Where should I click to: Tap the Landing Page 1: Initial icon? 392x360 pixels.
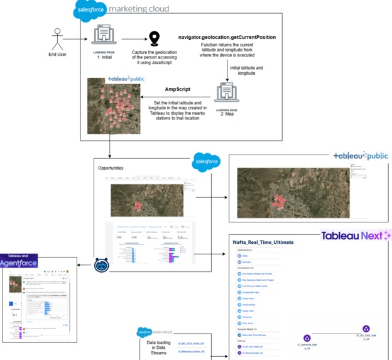(x=104, y=37)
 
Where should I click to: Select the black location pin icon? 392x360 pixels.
(x=152, y=38)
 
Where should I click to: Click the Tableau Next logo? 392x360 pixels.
(x=356, y=235)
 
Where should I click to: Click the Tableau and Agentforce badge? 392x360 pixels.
(x=18, y=261)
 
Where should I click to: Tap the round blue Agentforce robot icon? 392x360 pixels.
(x=102, y=265)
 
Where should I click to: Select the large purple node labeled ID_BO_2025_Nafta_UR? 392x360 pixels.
(x=366, y=329)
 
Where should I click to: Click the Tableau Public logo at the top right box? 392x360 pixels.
(x=360, y=156)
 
